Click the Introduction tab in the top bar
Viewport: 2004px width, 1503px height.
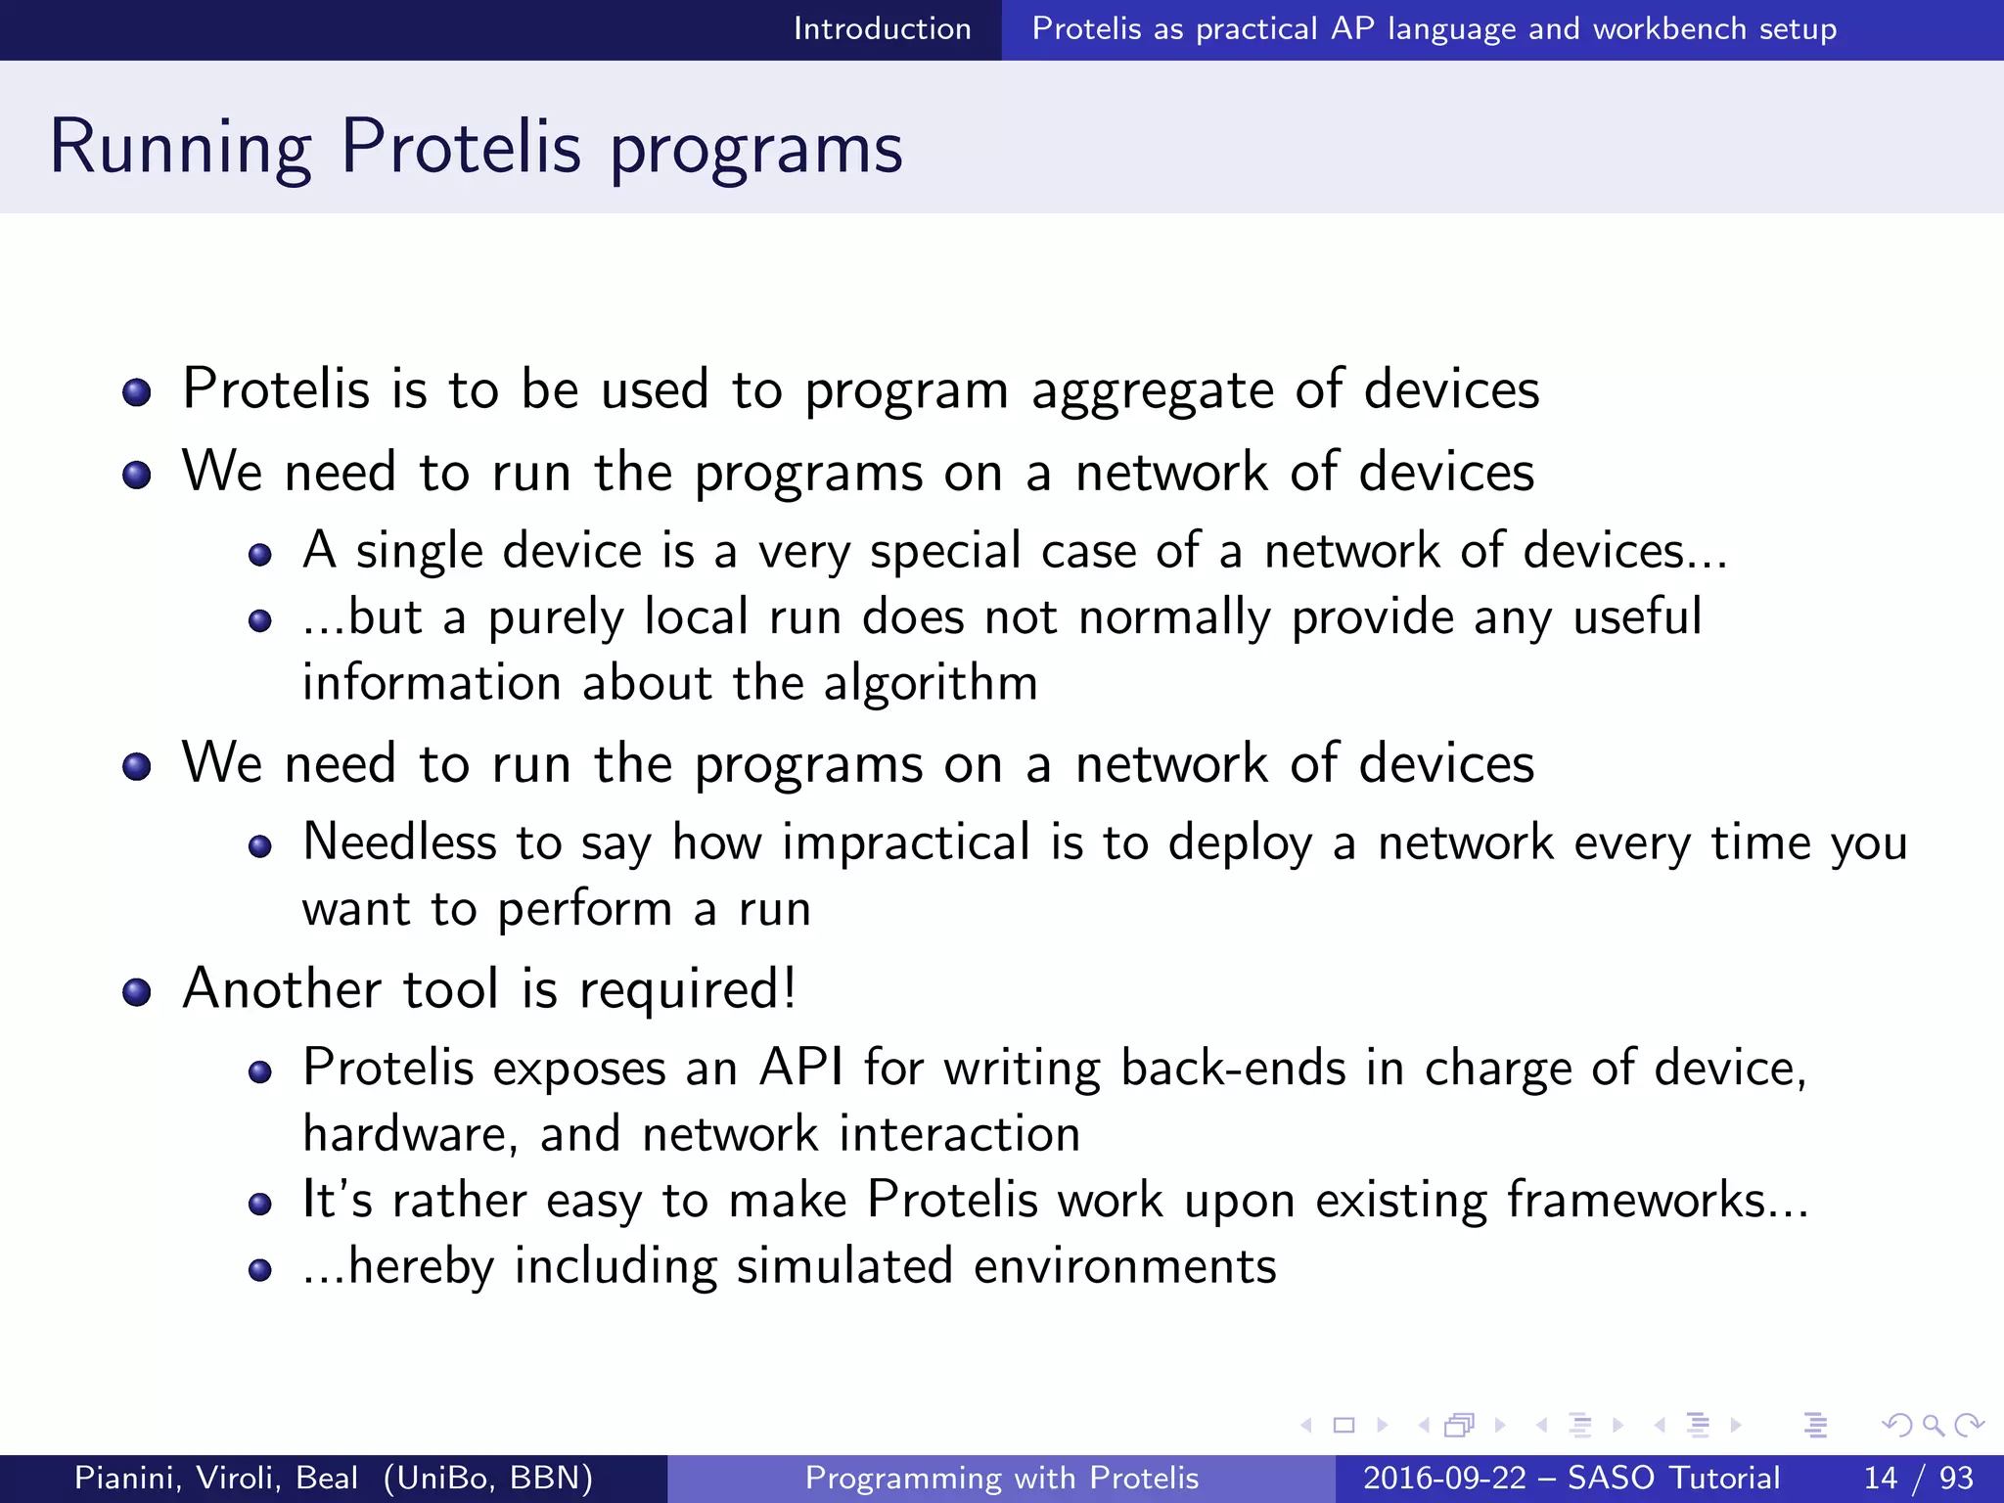point(882,29)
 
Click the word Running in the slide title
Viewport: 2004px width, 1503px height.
point(180,149)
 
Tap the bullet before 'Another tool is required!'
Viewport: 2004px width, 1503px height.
point(137,992)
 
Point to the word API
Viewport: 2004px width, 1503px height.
point(801,1068)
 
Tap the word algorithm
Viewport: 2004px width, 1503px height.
point(930,683)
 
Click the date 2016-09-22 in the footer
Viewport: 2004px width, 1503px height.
point(1444,1478)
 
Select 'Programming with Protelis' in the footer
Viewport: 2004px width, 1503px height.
point(1001,1478)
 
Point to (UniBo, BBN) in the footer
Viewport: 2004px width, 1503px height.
point(488,1478)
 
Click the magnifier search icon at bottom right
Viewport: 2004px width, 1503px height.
point(1933,1426)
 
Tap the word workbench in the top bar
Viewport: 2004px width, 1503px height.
point(1668,29)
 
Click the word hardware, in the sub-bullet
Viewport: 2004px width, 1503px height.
point(410,1135)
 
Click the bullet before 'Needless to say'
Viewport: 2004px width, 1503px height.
point(259,846)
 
